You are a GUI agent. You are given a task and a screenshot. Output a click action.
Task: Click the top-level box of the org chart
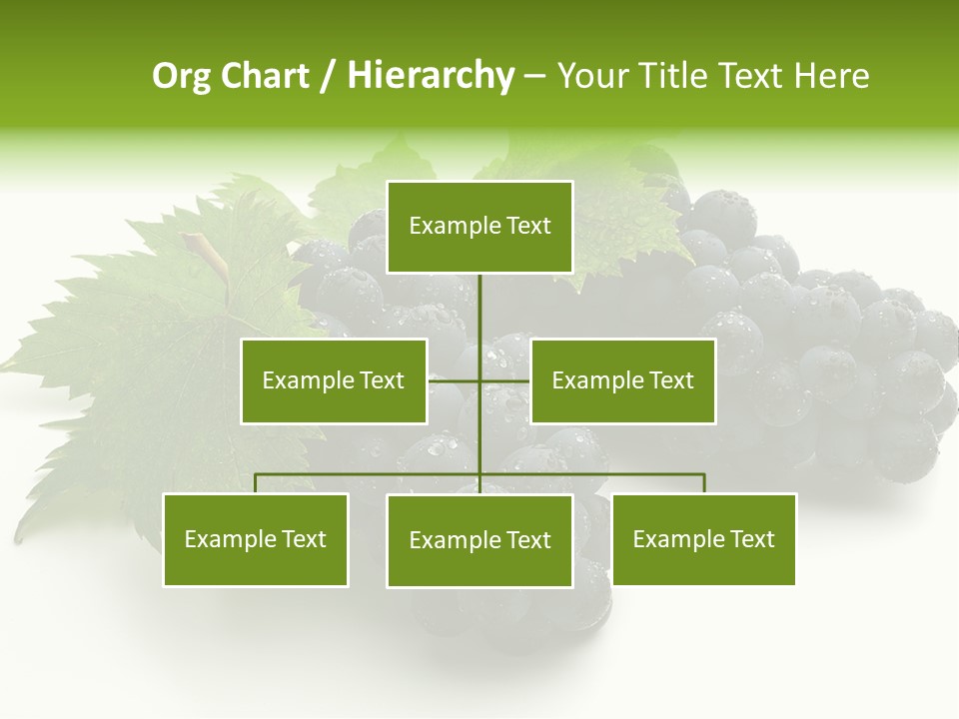(479, 227)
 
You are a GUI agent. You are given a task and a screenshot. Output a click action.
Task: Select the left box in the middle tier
(334, 380)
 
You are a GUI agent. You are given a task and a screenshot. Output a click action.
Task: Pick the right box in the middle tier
(622, 380)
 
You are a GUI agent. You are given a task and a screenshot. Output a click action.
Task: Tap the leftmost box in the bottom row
(256, 539)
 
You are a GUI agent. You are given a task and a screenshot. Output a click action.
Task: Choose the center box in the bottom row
(479, 540)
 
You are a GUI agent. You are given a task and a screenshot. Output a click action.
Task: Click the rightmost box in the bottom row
(703, 539)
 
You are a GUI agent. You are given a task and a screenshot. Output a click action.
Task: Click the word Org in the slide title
(181, 77)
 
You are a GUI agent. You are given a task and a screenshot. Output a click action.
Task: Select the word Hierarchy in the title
(431, 76)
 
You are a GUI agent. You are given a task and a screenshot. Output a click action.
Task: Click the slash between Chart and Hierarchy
(329, 77)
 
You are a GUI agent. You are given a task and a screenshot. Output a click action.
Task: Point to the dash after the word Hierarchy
(534, 77)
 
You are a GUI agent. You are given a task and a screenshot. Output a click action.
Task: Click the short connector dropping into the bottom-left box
(256, 483)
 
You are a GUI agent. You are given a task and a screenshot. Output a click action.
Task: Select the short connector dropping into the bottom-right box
(703, 483)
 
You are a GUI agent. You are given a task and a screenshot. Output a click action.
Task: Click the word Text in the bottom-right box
(751, 539)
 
